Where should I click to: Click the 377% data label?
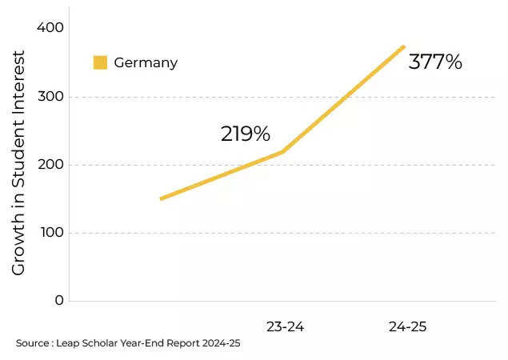tap(435, 62)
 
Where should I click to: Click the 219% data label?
tap(245, 134)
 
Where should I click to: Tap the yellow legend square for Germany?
tap(100, 62)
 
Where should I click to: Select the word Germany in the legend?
tap(146, 62)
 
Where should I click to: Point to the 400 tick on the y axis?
tap(50, 28)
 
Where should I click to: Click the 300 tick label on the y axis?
tap(50, 97)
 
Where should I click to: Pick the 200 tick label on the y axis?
tap(50, 165)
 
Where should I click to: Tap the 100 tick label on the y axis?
tap(50, 233)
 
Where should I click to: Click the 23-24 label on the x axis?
tap(285, 326)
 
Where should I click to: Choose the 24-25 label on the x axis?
tap(408, 326)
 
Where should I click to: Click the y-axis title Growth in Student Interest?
tap(18, 163)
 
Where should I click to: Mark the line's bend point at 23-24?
tap(283, 151)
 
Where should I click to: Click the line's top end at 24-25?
tap(404, 46)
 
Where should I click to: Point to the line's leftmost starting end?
tap(162, 198)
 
